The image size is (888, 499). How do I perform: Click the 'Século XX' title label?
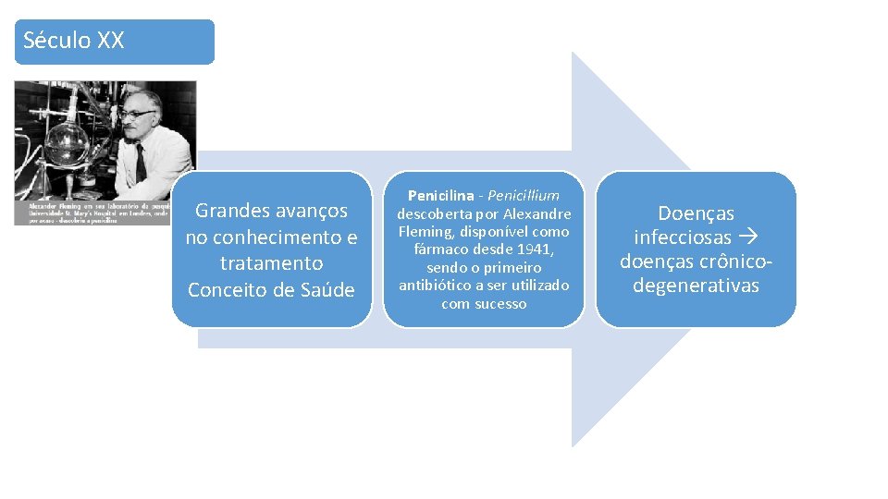(73, 41)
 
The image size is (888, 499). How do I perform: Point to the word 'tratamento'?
(271, 264)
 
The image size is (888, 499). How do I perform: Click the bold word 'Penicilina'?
(440, 196)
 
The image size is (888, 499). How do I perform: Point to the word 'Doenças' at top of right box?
(696, 214)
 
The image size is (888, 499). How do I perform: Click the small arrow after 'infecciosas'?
(751, 238)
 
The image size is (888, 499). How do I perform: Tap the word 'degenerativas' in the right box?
(696, 286)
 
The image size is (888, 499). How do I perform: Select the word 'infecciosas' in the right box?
(684, 238)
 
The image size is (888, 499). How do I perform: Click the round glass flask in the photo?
(66, 147)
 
